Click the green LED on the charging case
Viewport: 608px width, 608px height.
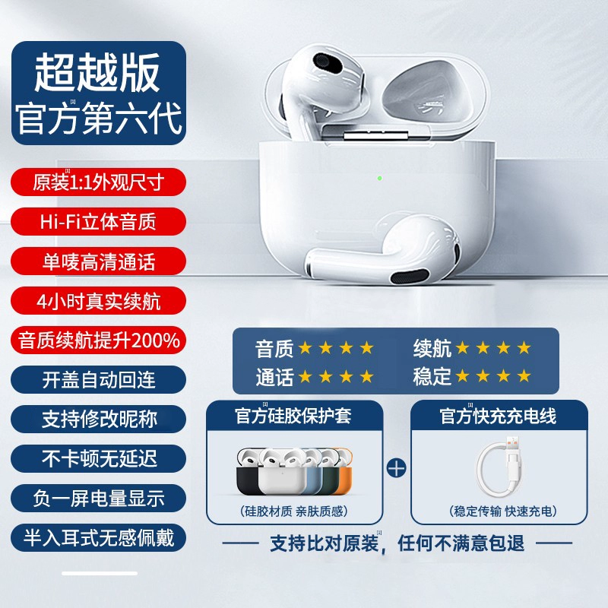[380, 179]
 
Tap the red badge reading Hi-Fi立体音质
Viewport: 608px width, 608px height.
[99, 221]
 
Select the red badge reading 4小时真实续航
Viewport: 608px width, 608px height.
[99, 300]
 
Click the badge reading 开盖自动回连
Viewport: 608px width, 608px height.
[99, 379]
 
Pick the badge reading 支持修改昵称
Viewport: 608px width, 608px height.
[99, 420]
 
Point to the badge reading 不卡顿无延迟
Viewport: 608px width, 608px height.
[99, 459]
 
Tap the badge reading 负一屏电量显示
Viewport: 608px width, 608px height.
[99, 499]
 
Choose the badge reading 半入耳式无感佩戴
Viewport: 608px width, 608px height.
[99, 538]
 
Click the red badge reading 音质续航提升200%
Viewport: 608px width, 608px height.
[99, 340]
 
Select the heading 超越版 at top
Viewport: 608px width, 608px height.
[97, 72]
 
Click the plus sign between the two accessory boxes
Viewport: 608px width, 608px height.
[397, 468]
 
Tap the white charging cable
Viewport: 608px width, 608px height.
[499, 468]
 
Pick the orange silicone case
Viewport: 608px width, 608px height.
[344, 471]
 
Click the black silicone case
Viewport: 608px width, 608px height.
[245, 473]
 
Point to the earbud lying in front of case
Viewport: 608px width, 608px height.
[383, 252]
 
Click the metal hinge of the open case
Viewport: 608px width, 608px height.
[376, 135]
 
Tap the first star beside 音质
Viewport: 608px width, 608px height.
[306, 348]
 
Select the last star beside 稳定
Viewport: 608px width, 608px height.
[524, 375]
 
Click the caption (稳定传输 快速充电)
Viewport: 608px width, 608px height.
[503, 511]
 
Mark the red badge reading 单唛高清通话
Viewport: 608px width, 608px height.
[99, 261]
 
